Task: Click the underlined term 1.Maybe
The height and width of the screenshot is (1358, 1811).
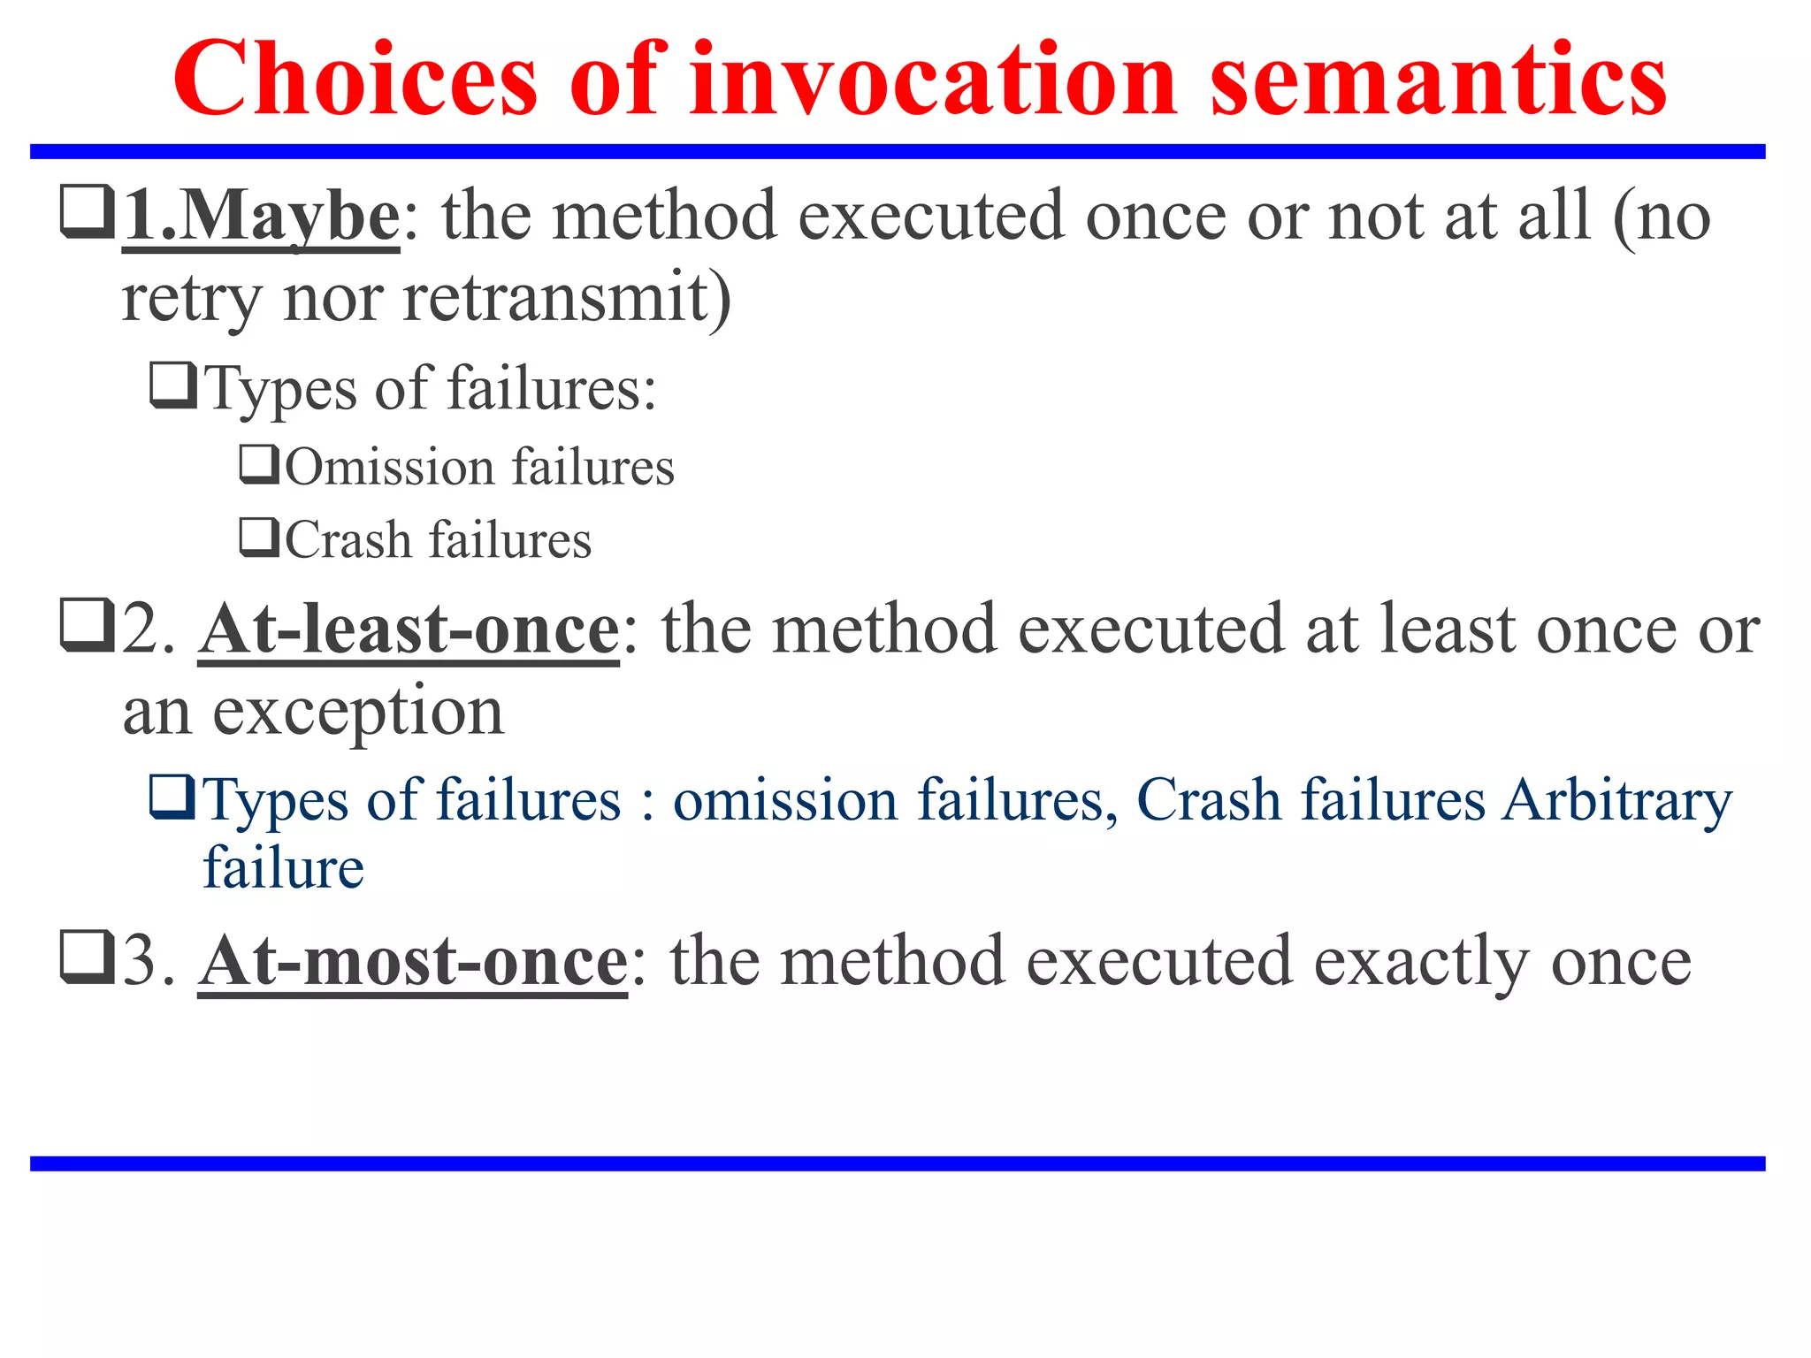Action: (262, 217)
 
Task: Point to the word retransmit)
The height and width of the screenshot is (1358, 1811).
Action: (567, 298)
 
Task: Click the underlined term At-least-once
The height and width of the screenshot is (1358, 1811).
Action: (409, 629)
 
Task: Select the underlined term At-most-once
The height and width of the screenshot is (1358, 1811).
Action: (413, 961)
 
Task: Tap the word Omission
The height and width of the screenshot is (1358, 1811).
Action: (388, 467)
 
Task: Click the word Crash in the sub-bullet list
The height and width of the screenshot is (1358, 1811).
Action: (348, 540)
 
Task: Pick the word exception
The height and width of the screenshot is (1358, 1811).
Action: (357, 712)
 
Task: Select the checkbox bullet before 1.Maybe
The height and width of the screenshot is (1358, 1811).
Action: (87, 211)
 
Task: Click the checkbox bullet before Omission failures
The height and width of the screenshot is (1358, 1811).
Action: (259, 465)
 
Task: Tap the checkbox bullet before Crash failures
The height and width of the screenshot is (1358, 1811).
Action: (259, 538)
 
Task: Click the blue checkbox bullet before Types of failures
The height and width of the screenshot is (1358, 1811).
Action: (172, 797)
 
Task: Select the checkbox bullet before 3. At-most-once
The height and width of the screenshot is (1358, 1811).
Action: (87, 957)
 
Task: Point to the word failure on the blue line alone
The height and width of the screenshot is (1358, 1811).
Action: (283, 868)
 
